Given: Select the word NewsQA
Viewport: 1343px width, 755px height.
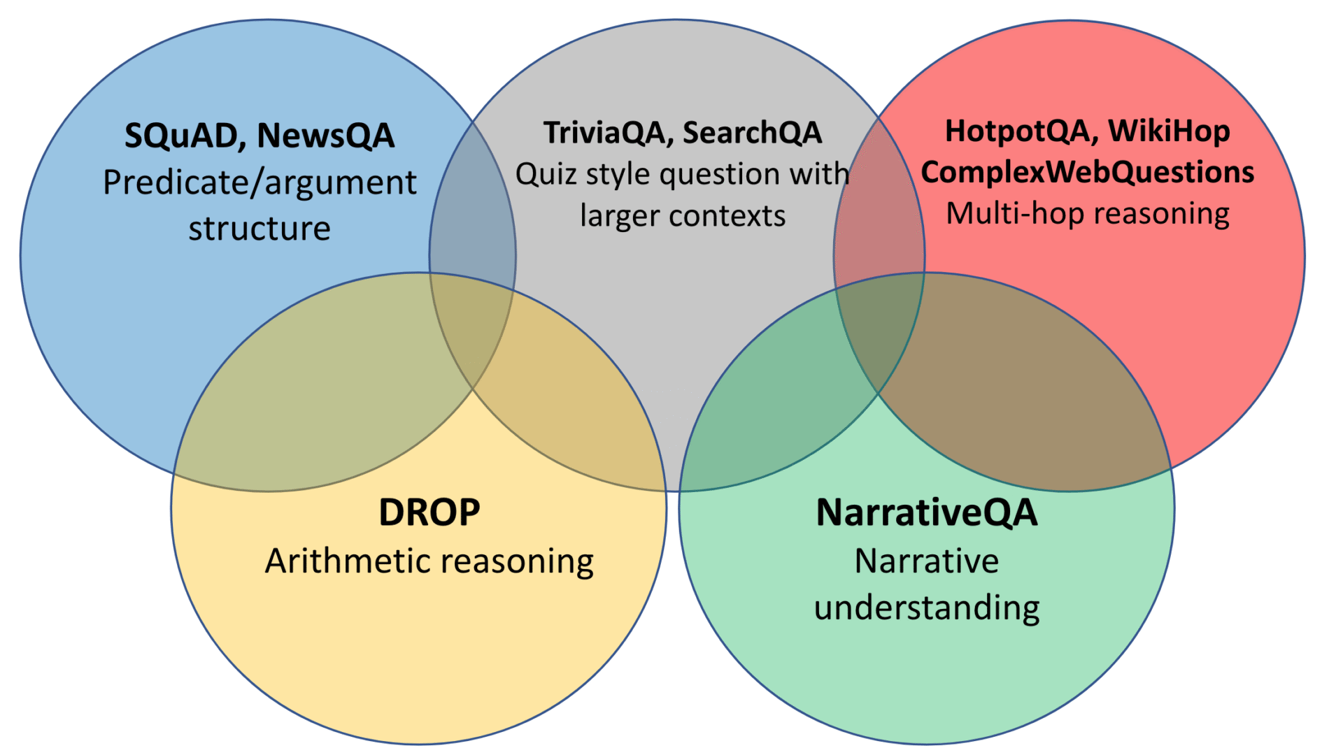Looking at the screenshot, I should pos(326,136).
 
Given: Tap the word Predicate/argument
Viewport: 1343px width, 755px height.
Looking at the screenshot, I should pos(260,183).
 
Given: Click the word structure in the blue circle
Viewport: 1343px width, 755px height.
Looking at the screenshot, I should pos(260,229).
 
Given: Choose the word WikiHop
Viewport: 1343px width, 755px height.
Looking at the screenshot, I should pos(1169,131).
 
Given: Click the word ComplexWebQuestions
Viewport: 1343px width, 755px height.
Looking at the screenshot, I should pos(1088,172).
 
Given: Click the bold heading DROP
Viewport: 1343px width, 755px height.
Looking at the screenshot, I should pos(429,512).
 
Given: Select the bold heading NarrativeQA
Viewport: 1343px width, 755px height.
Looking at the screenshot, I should pos(927,512).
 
